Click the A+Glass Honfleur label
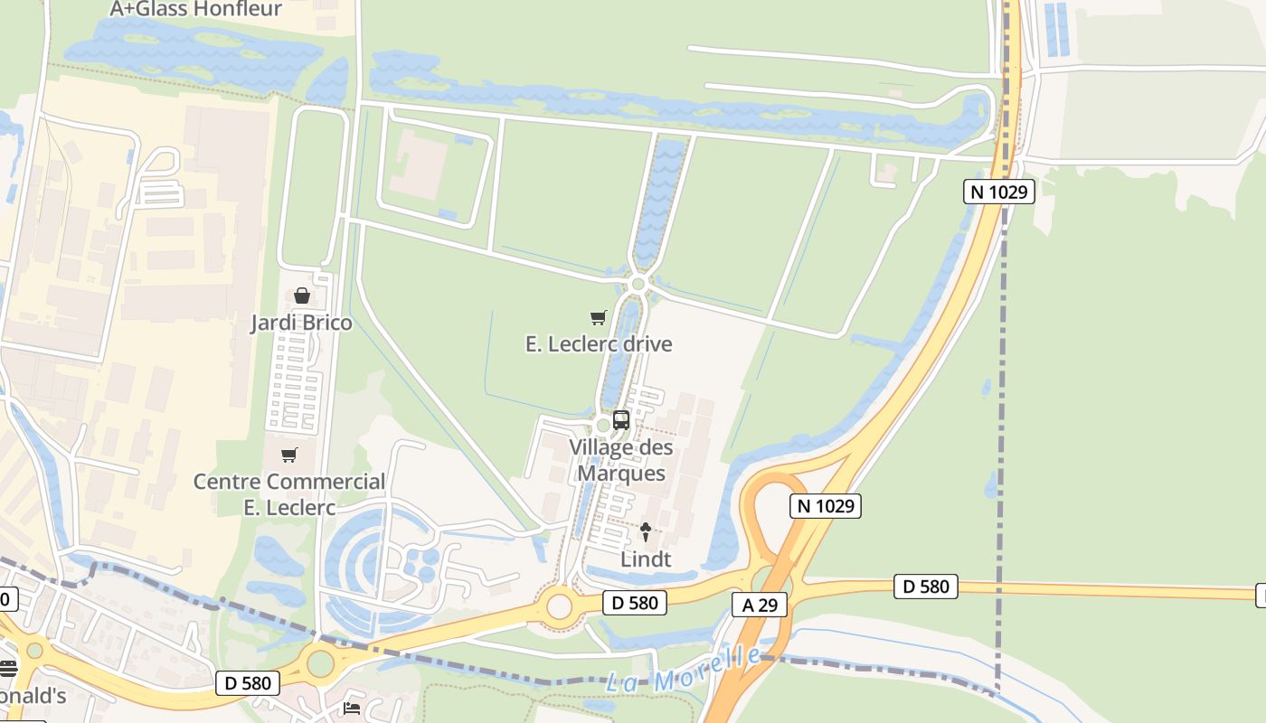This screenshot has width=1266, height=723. point(195,10)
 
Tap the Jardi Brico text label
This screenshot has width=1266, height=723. point(301,323)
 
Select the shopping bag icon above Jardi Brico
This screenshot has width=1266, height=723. point(302,296)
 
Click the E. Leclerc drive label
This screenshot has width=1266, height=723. point(599,344)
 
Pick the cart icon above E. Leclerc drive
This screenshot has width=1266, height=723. point(598,317)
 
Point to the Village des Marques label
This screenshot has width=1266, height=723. point(621,460)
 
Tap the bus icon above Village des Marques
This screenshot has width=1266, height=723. point(621,419)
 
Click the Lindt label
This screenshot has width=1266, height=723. point(646,559)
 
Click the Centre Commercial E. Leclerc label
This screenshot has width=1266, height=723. point(289,494)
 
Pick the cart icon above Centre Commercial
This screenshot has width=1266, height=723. point(289,455)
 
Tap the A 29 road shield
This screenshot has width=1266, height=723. point(760,605)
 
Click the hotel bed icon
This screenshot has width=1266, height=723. point(351,708)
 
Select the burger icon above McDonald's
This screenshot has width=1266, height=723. point(8,668)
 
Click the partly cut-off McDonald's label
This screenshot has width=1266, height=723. point(33,696)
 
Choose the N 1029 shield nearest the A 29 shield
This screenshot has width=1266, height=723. point(826,505)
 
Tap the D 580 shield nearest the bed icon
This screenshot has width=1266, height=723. point(248,682)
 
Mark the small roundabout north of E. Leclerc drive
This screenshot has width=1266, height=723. point(638,285)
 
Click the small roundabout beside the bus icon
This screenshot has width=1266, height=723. point(603,425)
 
